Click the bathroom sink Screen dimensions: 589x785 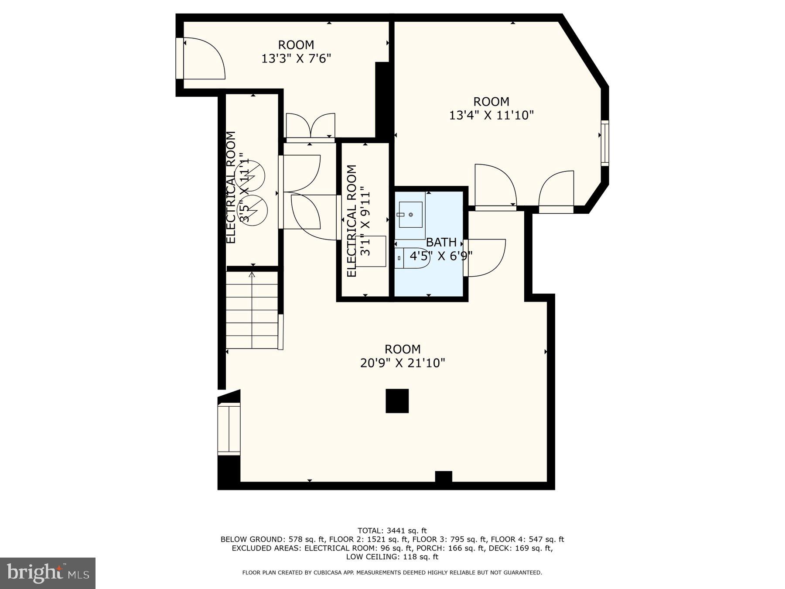410,215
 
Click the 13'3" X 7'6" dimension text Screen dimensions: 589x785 296,58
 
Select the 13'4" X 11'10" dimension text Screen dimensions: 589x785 491,115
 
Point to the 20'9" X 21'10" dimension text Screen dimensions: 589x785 403,363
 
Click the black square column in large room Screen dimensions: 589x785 397,401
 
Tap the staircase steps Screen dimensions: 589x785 252,311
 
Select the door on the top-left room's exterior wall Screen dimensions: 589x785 201,59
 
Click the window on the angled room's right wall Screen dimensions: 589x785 605,143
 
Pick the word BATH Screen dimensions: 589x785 441,242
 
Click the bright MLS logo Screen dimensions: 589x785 48,573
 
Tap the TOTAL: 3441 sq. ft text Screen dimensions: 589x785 392,531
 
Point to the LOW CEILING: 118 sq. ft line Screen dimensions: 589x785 392,557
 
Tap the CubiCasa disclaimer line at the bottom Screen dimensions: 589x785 392,572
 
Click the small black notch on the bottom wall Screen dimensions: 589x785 444,476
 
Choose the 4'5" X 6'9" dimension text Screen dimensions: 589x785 441,256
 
